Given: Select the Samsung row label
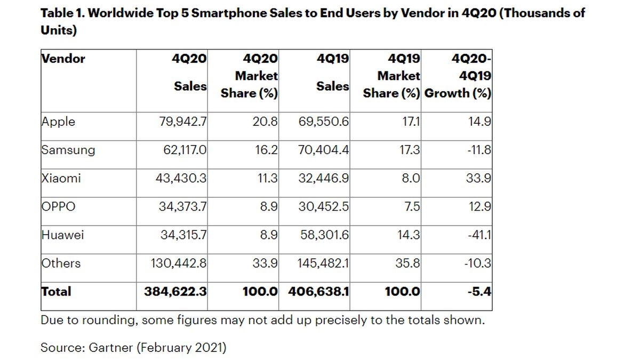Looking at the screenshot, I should point(68,150).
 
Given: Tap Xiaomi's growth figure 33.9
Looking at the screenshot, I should point(478,178).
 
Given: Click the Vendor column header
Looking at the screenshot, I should point(63,59).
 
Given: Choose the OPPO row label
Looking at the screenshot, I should point(58,206).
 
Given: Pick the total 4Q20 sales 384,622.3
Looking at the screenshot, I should point(175,292).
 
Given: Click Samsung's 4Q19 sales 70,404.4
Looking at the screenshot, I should point(323,150).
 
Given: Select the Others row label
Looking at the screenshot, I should point(61,263).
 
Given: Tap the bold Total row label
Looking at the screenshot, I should point(56,292).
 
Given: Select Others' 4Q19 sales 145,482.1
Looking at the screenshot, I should point(320,263).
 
